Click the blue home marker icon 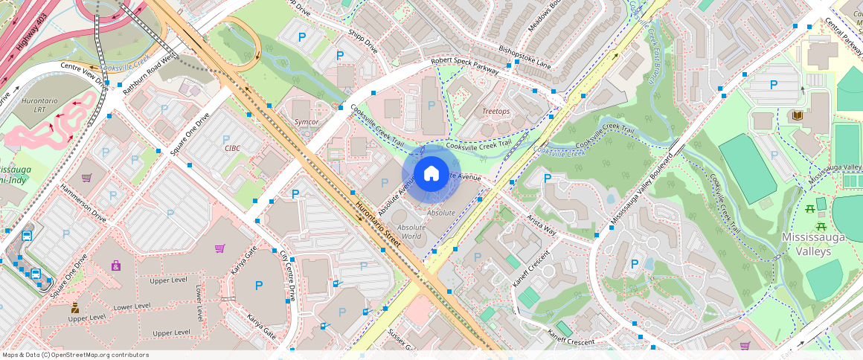coord(431,174)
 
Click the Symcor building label coord(306,121)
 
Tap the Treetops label coord(496,111)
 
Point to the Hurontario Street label coord(378,222)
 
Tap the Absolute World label coord(411,231)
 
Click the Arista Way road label coord(542,226)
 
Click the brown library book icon coord(798,115)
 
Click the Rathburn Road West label coord(150,73)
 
